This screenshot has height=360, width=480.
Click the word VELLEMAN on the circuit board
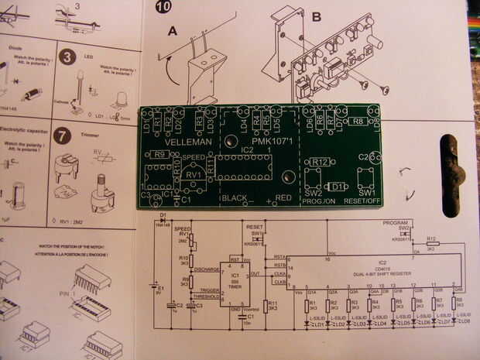[189, 143]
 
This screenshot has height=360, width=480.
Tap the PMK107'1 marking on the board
[259, 143]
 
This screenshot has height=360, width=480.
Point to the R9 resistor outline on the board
[160, 155]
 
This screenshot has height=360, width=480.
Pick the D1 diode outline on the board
[336, 187]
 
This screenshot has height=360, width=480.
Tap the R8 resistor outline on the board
[358, 121]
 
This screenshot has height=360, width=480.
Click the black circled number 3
[68, 57]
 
